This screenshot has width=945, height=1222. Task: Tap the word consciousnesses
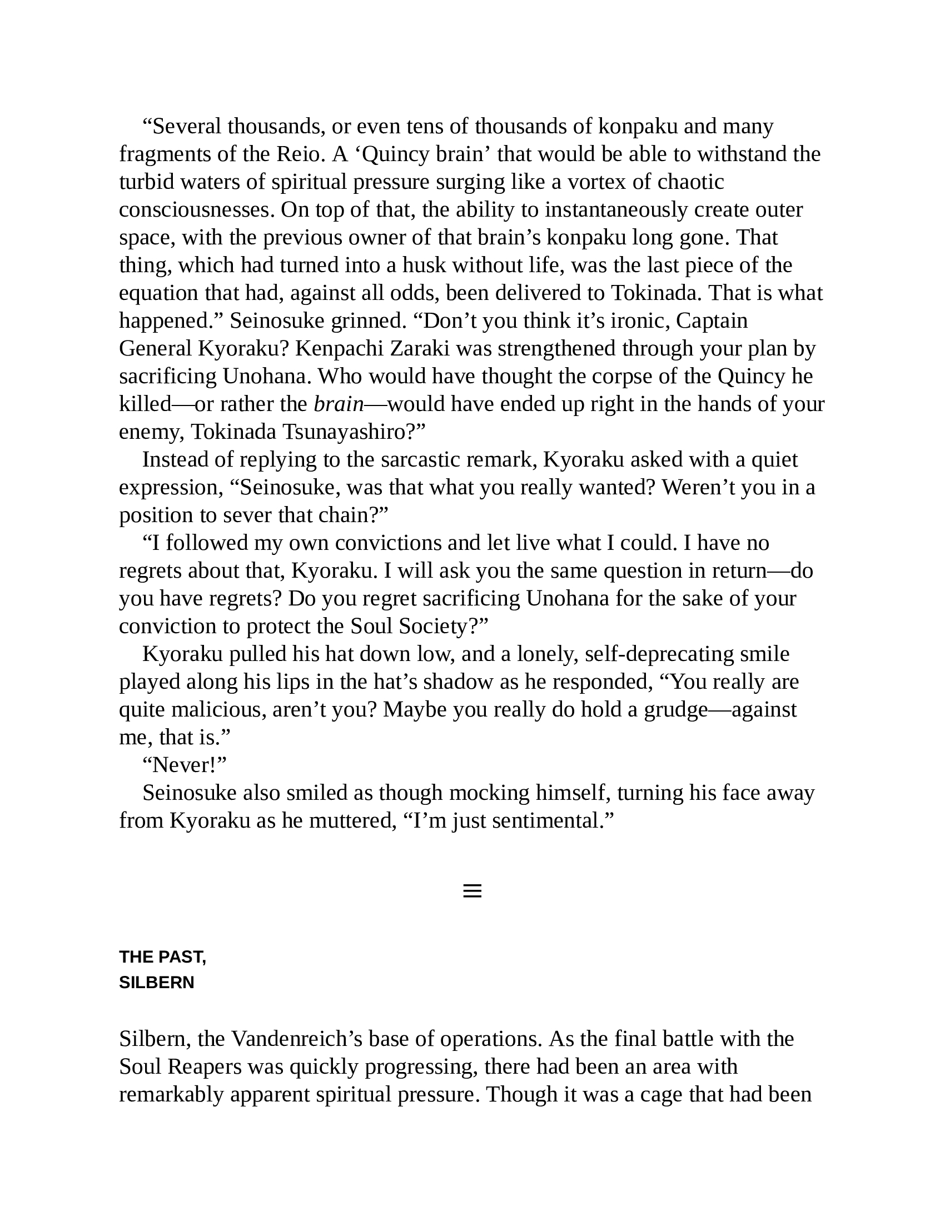point(197,210)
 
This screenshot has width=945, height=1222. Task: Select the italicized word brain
point(339,404)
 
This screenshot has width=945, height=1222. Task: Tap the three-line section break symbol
point(472,891)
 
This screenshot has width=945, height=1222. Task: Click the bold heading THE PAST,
point(162,957)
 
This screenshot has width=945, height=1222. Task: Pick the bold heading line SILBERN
point(157,983)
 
